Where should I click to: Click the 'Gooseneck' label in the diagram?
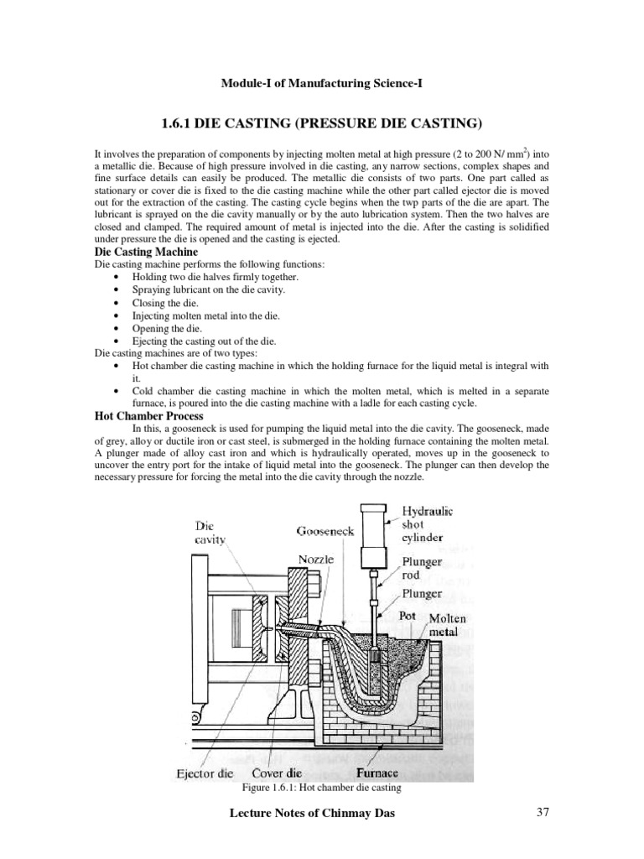[325, 531]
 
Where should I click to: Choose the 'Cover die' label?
[278, 773]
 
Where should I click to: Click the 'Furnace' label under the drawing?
[376, 773]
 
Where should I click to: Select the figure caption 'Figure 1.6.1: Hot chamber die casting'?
[321, 788]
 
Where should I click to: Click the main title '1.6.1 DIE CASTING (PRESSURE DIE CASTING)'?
[321, 124]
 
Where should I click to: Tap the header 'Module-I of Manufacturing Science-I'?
[321, 83]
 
